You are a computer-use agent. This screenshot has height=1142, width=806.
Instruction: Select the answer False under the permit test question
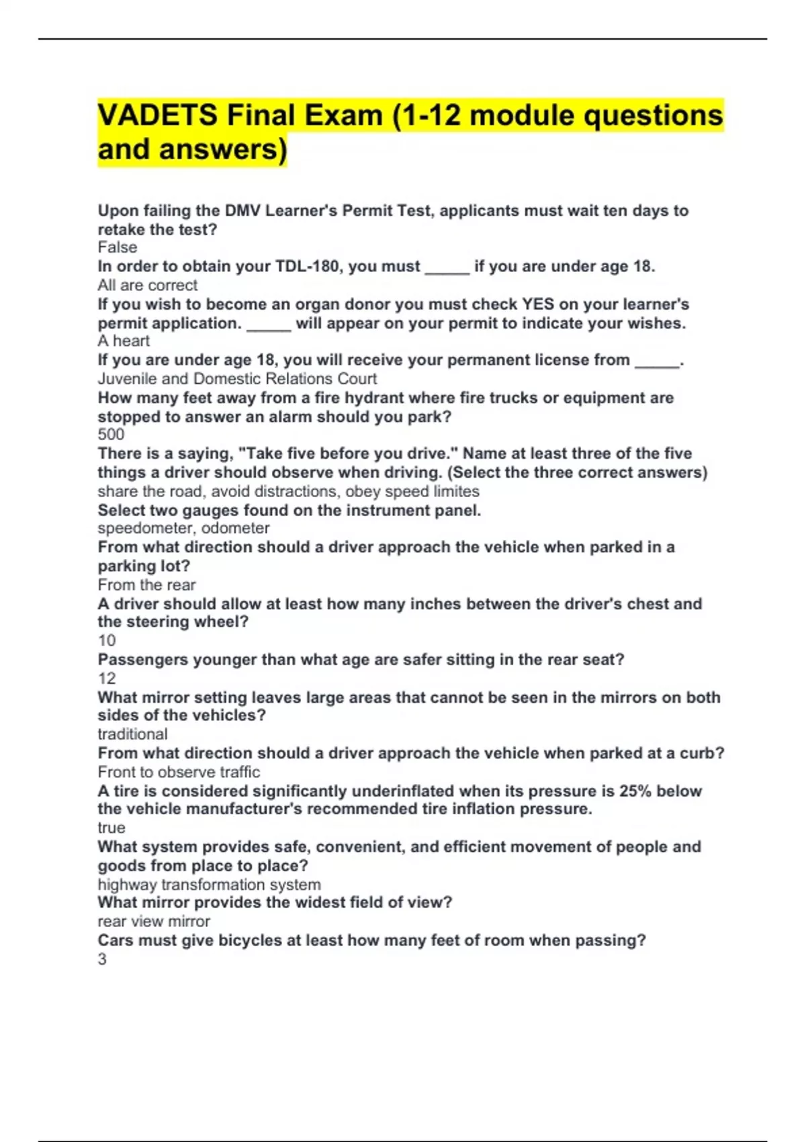click(x=118, y=247)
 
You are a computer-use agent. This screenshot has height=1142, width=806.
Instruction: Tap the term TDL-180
click(x=307, y=267)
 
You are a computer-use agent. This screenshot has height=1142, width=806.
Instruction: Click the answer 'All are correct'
click(x=148, y=285)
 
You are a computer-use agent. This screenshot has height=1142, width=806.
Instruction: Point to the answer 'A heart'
click(x=124, y=341)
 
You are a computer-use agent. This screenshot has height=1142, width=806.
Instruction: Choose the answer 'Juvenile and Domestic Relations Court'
click(x=237, y=379)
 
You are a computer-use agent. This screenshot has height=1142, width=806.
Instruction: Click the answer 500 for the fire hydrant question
click(x=111, y=435)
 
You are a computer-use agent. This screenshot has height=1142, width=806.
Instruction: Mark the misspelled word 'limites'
click(x=456, y=492)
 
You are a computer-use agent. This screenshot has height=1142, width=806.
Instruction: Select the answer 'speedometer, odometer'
click(x=183, y=529)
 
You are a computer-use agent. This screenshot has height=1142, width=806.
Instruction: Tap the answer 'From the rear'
click(x=146, y=585)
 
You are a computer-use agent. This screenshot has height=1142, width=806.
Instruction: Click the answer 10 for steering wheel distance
click(x=107, y=641)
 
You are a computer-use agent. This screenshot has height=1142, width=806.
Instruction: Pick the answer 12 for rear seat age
click(x=107, y=678)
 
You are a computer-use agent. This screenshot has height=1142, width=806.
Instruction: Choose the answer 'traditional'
click(x=132, y=734)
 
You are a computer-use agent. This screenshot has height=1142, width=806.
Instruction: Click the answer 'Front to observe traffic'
click(x=179, y=772)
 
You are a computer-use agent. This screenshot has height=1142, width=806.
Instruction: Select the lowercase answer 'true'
click(x=111, y=828)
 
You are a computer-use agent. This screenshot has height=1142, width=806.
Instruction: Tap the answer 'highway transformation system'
click(x=209, y=885)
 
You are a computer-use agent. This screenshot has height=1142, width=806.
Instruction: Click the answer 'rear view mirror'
click(x=154, y=922)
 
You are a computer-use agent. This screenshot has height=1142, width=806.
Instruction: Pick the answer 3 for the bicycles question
click(x=102, y=959)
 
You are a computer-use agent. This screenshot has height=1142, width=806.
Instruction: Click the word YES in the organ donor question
click(x=538, y=304)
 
